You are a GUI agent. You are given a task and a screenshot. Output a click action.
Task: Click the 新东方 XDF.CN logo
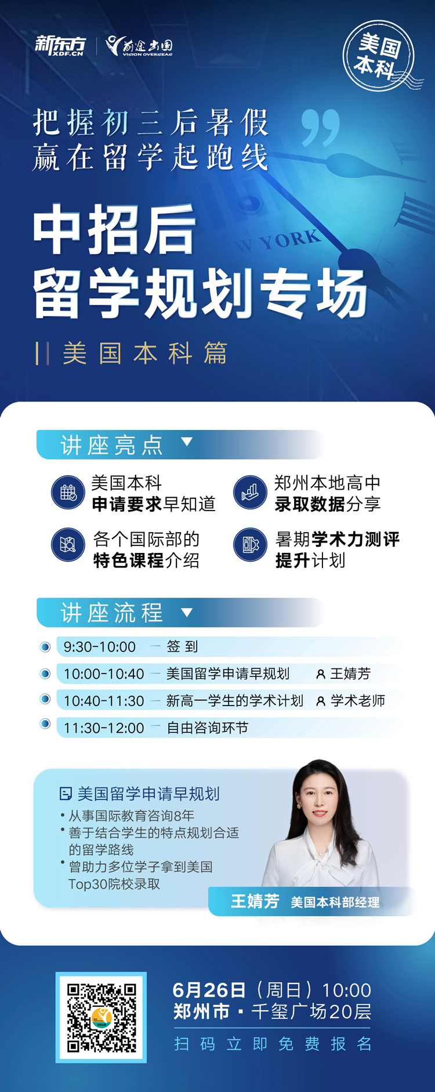[60, 46]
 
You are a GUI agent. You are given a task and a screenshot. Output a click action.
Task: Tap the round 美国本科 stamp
[379, 56]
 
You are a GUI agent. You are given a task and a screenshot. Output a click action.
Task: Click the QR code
[101, 1018]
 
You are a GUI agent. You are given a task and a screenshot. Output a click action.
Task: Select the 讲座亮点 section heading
[112, 445]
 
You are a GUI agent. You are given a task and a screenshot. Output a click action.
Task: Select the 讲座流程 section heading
[112, 613]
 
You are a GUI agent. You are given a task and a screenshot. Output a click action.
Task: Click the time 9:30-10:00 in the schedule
[100, 647]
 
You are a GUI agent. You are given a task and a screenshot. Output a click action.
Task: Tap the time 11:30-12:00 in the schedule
[104, 728]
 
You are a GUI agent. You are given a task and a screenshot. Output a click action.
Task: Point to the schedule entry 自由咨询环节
[207, 728]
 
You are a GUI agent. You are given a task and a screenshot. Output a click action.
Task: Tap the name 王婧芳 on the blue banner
[255, 901]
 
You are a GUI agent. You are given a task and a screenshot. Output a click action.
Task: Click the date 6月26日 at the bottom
[209, 990]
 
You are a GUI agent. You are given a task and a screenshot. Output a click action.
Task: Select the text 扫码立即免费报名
[273, 1044]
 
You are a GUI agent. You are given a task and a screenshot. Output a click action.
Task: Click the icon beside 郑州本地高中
[250, 493]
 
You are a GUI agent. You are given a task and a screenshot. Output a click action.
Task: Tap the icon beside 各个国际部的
[68, 545]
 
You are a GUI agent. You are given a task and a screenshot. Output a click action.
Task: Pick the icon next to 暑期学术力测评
[250, 545]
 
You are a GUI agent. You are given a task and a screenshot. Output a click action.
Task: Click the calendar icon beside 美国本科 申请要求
[68, 493]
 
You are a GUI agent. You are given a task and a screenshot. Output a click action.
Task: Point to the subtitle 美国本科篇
[145, 353]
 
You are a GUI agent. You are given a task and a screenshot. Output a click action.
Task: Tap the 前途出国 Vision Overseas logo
[139, 46]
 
